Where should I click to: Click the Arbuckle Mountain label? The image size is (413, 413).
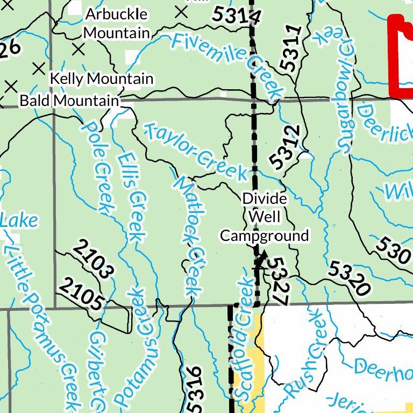click(117, 23)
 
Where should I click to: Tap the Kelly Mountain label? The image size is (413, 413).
click(102, 79)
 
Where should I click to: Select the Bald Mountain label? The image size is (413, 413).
click(69, 101)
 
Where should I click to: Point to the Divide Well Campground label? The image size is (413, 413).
click(265, 217)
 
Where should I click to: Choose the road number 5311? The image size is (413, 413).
click(289, 49)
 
